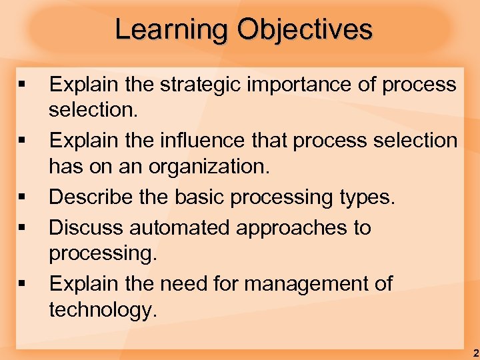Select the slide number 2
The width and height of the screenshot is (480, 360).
click(x=474, y=353)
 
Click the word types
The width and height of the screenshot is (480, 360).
click(x=365, y=197)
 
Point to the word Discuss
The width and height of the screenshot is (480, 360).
click(x=86, y=227)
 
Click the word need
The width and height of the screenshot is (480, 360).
click(x=200, y=283)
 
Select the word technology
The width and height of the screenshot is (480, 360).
click(x=101, y=309)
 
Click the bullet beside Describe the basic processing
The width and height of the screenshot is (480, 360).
click(x=23, y=198)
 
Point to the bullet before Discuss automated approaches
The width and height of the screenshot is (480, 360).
click(x=23, y=228)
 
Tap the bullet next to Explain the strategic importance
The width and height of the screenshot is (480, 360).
click(x=23, y=85)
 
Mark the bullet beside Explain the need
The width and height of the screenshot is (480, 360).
click(x=23, y=284)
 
